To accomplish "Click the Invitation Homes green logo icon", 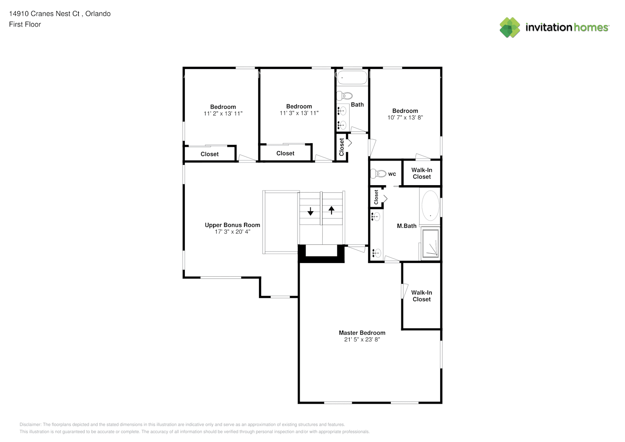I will [510, 27].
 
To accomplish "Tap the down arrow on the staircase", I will [310, 211].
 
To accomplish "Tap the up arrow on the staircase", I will [332, 210].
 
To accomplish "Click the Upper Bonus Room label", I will [232, 225].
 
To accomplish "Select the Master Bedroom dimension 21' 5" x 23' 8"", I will [362, 339].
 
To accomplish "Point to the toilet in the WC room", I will [378, 174].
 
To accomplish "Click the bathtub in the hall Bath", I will [352, 78].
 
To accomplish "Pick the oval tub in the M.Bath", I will [430, 206].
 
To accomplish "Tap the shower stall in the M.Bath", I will [430, 243].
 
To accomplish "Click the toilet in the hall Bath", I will [345, 95].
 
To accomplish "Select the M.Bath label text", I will [406, 226].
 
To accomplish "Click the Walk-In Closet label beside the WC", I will [422, 173].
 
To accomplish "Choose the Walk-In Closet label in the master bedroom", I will [421, 296].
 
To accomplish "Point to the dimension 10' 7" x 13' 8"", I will [405, 118].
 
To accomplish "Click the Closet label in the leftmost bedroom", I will [210, 154].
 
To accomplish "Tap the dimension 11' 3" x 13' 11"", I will [299, 113].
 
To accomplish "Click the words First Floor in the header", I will [25, 24].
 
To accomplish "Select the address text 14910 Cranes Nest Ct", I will [44, 14].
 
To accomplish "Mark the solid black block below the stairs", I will [321, 259].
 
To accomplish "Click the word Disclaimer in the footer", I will [30, 424].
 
